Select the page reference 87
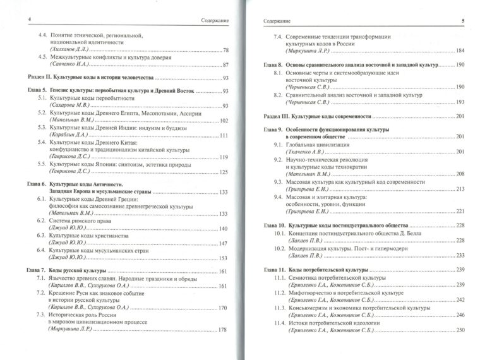point(225,65)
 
